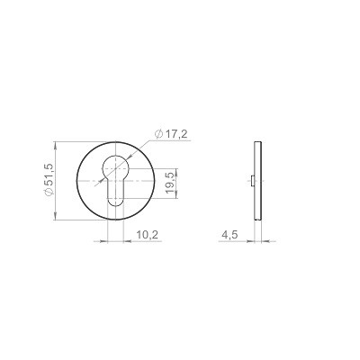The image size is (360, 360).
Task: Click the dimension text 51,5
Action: tap(49, 175)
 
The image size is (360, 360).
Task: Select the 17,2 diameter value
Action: tap(175, 134)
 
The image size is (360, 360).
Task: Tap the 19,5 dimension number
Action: tap(169, 184)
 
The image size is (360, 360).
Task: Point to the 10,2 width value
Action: tap(147, 235)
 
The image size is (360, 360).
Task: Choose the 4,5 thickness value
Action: tap(229, 235)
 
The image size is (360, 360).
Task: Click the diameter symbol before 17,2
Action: tap(158, 134)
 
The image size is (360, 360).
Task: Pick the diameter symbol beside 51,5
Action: tap(49, 193)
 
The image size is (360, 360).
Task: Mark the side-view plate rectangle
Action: tap(258, 181)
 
